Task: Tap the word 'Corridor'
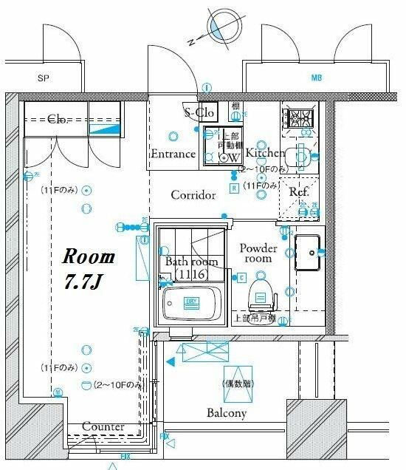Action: pyautogui.click(x=193, y=195)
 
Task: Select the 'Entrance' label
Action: pyautogui.click(x=173, y=154)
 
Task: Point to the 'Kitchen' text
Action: pyautogui.click(x=265, y=153)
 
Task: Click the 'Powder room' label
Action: pyautogui.click(x=258, y=253)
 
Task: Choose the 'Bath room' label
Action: pyautogui.click(x=191, y=262)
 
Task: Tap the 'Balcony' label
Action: pyautogui.click(x=226, y=412)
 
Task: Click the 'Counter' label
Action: pyautogui.click(x=103, y=427)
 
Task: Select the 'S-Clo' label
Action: pyautogui.click(x=199, y=112)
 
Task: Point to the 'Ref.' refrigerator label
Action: pyautogui.click(x=298, y=191)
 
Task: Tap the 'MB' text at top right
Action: pyautogui.click(x=316, y=78)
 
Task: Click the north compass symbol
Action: pyautogui.click(x=216, y=26)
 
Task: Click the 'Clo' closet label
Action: pyautogui.click(x=58, y=118)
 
